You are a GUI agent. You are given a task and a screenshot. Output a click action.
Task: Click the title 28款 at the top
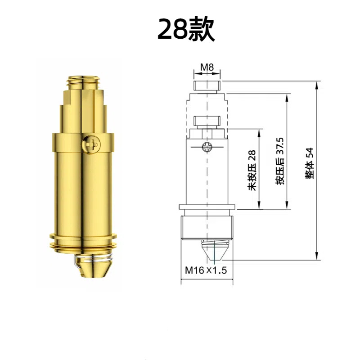186,29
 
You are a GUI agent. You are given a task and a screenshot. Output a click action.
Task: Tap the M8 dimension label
207,67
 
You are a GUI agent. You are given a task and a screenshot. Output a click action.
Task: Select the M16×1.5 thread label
206,270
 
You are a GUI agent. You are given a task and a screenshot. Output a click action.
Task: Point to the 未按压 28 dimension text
252,170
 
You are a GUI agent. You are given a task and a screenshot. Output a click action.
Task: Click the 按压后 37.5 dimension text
280,161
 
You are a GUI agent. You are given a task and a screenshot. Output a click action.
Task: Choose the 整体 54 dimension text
310,163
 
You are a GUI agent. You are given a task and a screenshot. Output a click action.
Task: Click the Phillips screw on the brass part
91,144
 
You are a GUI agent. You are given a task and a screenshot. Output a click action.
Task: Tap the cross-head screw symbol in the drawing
207,147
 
